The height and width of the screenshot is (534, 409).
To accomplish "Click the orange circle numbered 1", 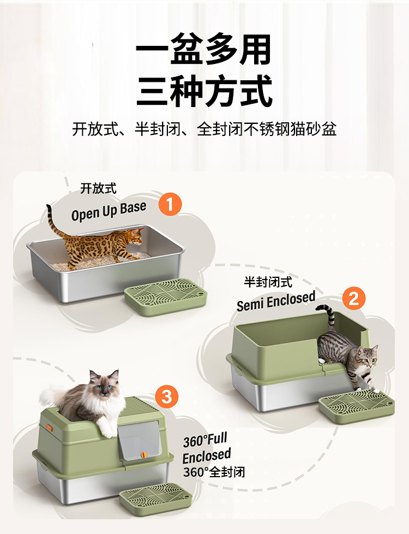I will coord(170,205).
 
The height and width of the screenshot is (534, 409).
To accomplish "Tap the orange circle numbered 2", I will coord(353,299).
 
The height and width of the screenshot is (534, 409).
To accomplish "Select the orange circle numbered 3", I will coord(166,397).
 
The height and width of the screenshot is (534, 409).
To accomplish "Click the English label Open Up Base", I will coord(109,210).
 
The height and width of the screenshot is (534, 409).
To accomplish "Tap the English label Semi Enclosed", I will coord(276,301).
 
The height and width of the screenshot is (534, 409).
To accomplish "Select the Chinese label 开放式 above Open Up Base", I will coord(98,188).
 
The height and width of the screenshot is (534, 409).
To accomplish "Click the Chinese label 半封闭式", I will coord(268,282).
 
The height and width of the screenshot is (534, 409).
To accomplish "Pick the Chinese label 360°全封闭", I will coord(214,472).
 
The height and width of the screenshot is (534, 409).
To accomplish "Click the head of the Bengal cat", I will coord(135,236).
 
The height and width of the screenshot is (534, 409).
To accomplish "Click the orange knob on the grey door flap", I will coord(145,454).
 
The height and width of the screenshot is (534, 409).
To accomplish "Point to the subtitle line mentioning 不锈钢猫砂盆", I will coord(204,129).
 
